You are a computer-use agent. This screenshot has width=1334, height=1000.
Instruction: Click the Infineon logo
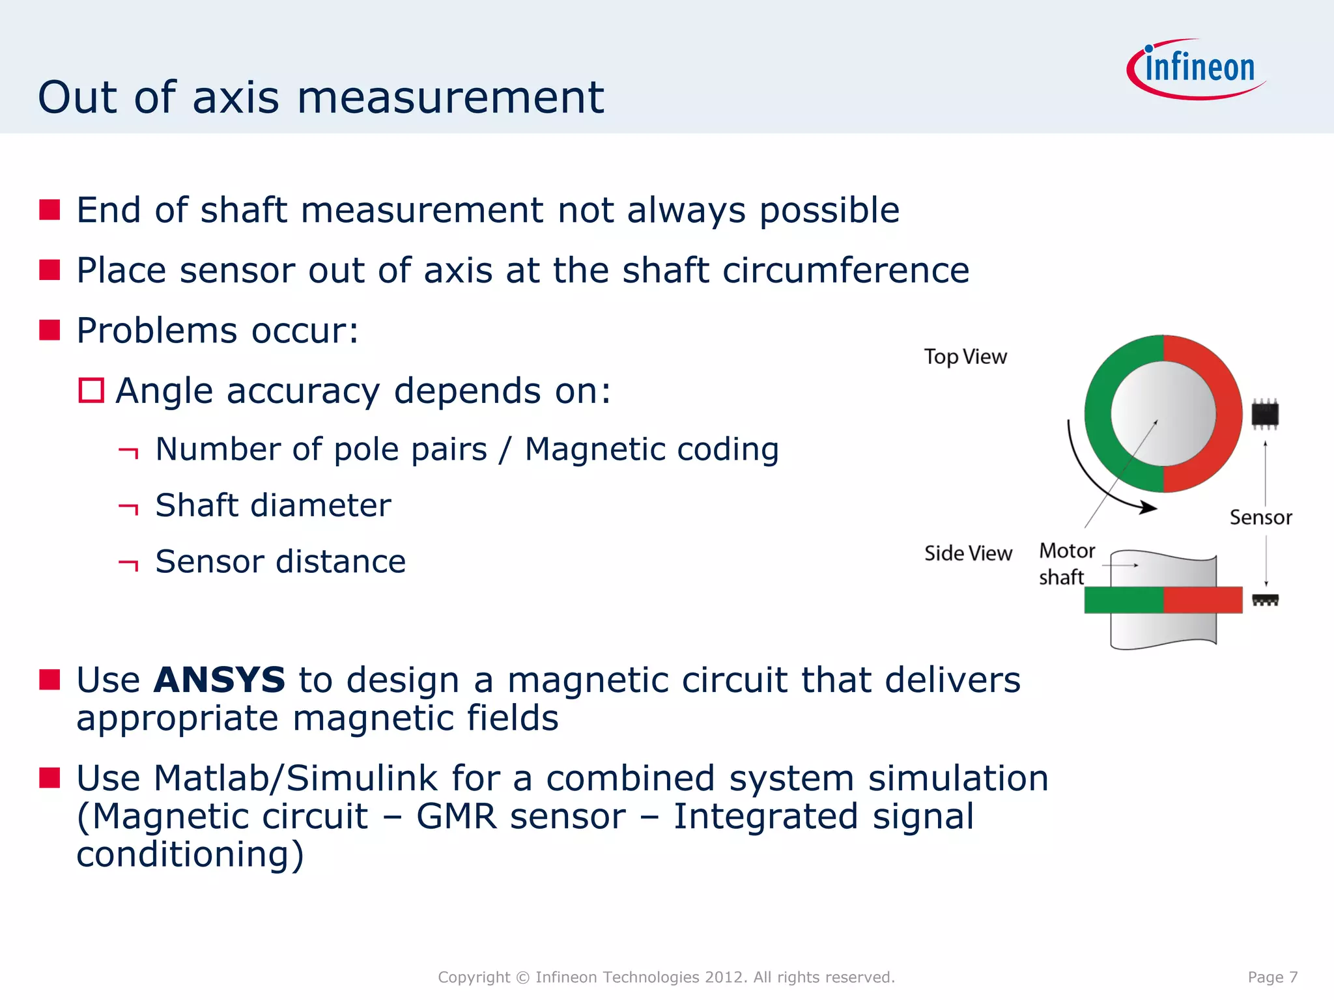click(1197, 69)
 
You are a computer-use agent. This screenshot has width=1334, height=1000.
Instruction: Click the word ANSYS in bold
click(220, 680)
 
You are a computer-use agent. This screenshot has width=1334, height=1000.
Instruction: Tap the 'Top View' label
click(965, 357)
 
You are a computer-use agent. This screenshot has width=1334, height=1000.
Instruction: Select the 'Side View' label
click(968, 553)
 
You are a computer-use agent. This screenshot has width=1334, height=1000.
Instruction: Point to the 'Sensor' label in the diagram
click(1260, 518)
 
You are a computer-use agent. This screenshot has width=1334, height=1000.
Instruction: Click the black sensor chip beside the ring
click(1265, 414)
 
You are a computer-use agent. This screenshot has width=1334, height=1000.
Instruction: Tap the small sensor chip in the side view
click(1265, 600)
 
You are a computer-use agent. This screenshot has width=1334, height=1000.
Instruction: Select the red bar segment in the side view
click(1202, 600)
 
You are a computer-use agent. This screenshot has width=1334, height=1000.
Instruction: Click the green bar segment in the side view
click(1123, 600)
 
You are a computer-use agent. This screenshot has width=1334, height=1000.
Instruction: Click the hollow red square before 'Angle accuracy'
click(91, 391)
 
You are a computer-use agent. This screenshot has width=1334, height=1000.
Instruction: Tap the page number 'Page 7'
click(1272, 977)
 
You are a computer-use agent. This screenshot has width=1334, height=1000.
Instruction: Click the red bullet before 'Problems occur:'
click(50, 330)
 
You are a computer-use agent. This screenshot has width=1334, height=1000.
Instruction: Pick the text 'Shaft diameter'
click(273, 506)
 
